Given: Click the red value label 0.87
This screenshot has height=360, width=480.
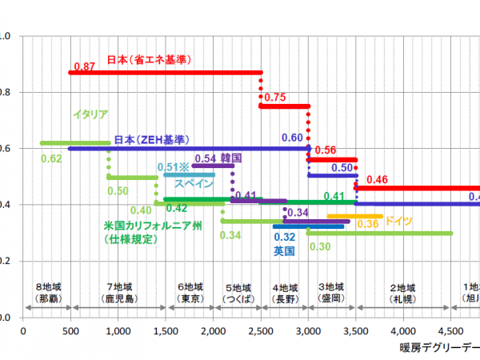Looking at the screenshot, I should [x=83, y=65].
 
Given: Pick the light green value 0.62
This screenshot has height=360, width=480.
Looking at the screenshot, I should [x=50, y=158].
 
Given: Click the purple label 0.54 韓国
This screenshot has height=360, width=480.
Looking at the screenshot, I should [x=218, y=158].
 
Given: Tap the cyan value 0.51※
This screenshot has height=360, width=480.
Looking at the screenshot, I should [x=173, y=167].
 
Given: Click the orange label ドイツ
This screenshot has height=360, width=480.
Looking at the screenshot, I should [x=398, y=222].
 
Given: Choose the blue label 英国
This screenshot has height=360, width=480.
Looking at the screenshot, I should [x=284, y=250].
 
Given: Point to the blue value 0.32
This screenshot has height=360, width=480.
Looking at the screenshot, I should [x=284, y=238].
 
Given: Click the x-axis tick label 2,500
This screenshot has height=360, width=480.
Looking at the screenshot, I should [x=261, y=331].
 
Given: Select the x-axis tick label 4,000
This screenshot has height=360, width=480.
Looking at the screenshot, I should [x=403, y=331].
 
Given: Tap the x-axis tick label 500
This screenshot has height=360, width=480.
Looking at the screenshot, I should [x=70, y=331].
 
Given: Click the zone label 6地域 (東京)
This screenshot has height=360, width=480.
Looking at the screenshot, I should [x=190, y=292].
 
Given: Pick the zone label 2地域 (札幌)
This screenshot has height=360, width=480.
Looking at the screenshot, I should [x=403, y=292].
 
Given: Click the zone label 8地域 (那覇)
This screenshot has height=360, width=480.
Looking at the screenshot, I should [x=48, y=292].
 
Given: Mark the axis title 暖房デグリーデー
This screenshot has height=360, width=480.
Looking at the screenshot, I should [x=440, y=348].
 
